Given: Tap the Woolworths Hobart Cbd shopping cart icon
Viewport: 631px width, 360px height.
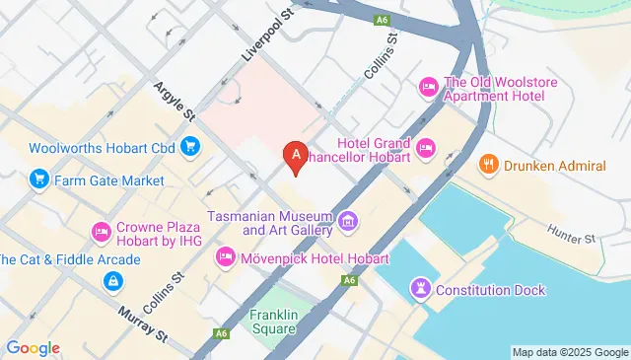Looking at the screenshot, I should pyautogui.click(x=190, y=148).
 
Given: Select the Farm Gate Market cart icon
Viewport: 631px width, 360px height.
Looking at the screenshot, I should pyautogui.click(x=38, y=180).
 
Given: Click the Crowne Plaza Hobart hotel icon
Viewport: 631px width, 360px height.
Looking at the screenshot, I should pyautogui.click(x=100, y=233).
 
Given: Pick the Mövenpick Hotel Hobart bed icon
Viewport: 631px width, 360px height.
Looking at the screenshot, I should pyautogui.click(x=225, y=258).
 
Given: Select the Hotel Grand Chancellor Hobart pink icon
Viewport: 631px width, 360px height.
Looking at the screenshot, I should pyautogui.click(x=425, y=149).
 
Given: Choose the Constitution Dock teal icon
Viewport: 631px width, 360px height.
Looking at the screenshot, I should pyautogui.click(x=419, y=290).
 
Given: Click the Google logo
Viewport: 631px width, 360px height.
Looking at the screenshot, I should pyautogui.click(x=33, y=347).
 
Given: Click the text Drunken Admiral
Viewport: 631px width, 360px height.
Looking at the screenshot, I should pyautogui.click(x=554, y=166).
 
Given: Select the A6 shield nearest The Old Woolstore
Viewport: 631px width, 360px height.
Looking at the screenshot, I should pyautogui.click(x=382, y=19).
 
